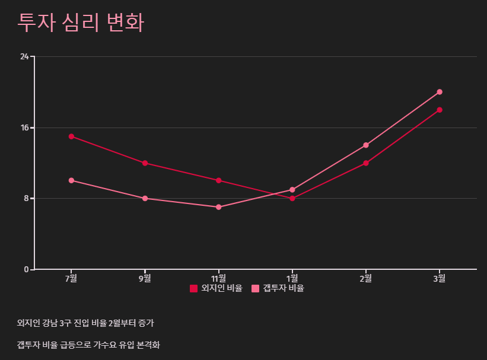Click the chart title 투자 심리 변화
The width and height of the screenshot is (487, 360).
(x=81, y=23)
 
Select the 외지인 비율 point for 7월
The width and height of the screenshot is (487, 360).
(x=71, y=136)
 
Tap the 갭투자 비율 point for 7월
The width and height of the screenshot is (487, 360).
(x=71, y=180)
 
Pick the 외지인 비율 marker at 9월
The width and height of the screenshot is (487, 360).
(x=145, y=163)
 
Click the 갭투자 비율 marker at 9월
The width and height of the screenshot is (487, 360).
(x=145, y=198)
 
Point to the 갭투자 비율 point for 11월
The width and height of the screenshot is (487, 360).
(x=219, y=207)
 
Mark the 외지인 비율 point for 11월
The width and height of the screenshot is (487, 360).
(x=219, y=180)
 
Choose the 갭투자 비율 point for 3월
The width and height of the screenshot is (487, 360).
(x=440, y=92)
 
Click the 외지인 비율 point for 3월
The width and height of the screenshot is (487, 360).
(x=440, y=110)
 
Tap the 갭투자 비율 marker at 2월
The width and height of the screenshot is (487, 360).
(x=366, y=145)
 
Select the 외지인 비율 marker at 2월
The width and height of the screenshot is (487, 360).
(x=366, y=163)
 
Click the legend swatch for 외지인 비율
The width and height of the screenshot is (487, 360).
(x=193, y=289)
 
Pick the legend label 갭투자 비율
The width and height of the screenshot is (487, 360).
(x=283, y=289)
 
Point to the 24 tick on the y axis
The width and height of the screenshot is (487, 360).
(x=24, y=57)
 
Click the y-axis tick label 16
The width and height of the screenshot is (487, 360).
(x=24, y=128)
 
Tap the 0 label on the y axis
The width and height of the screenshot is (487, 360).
(x=26, y=269)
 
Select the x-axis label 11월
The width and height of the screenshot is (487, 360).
(x=219, y=278)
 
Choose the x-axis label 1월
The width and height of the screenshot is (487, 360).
(x=292, y=278)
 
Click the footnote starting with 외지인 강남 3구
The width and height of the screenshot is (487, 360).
(x=85, y=323)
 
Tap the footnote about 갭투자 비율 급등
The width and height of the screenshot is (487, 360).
(x=88, y=345)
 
